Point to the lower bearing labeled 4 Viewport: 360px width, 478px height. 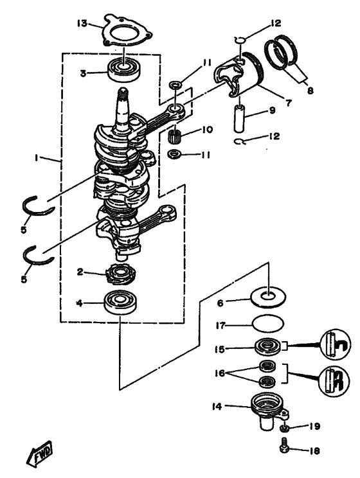click(x=121, y=302)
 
